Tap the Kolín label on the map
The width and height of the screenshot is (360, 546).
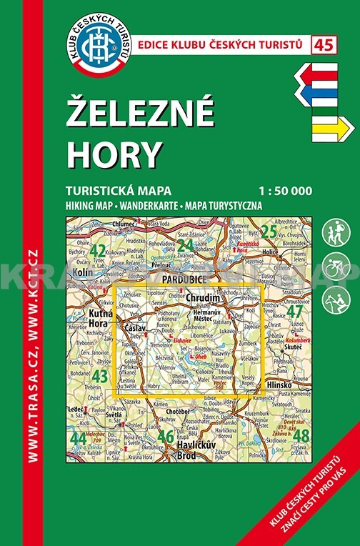(x=80, y=272)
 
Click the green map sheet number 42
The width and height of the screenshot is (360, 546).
(x=98, y=251)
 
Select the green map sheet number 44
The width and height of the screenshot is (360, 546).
(x=79, y=437)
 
